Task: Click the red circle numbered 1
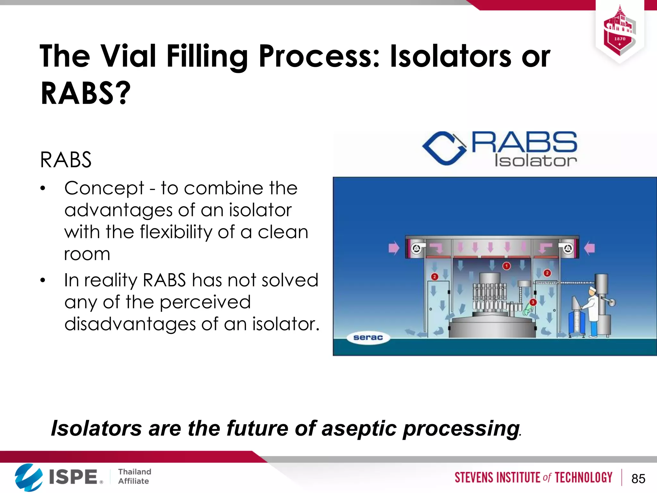pyautogui.click(x=507, y=266)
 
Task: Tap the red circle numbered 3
pyautogui.click(x=533, y=302)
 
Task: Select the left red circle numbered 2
pyautogui.click(x=435, y=277)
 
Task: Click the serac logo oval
pyautogui.click(x=368, y=338)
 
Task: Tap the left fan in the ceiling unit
pyautogui.click(x=416, y=248)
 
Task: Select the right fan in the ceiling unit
pyautogui.click(x=568, y=248)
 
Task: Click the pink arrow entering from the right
pyautogui.click(x=589, y=248)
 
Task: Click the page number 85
pyautogui.click(x=638, y=479)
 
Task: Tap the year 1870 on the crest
pyautogui.click(x=620, y=39)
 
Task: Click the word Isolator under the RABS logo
pyautogui.click(x=535, y=161)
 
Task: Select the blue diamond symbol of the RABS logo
pyautogui.click(x=444, y=149)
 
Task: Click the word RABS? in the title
pyautogui.click(x=86, y=93)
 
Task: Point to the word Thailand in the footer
pyautogui.click(x=134, y=471)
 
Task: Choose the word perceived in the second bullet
pyautogui.click(x=205, y=302)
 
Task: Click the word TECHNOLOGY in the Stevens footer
pyautogui.click(x=584, y=478)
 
